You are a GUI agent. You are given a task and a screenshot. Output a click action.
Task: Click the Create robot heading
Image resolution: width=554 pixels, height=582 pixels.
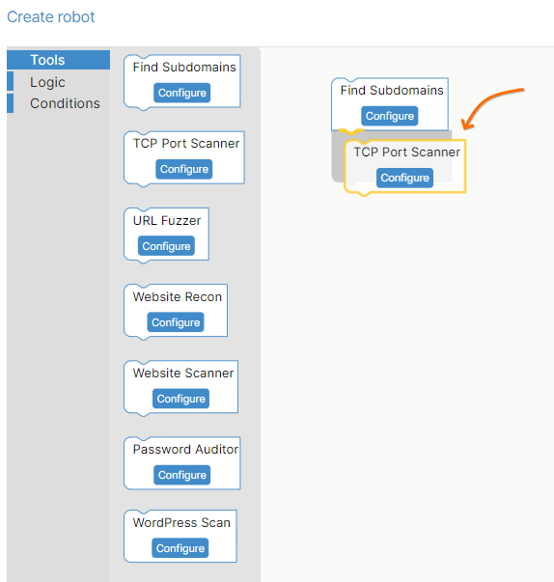tap(51, 17)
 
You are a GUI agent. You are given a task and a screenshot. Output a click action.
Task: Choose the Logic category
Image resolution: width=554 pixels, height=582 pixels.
tap(47, 82)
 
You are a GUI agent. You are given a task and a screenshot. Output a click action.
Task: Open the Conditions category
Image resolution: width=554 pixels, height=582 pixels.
tap(65, 103)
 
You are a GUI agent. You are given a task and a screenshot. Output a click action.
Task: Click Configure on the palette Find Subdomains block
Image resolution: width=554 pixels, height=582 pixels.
tap(182, 93)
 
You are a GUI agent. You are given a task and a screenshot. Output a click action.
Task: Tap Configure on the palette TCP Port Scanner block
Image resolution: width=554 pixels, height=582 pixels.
tap(184, 169)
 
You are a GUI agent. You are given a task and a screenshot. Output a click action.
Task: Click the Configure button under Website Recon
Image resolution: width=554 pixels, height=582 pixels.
tap(176, 322)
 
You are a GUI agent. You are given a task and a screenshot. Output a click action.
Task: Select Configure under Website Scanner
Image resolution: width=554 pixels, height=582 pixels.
tap(180, 399)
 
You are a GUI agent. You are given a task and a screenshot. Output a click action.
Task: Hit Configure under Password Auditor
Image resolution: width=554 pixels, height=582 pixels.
tap(182, 475)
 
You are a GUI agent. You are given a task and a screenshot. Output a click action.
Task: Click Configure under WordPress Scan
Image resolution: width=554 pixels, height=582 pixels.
tap(180, 548)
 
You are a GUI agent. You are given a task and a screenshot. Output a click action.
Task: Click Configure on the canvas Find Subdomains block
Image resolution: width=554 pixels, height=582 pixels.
tap(390, 116)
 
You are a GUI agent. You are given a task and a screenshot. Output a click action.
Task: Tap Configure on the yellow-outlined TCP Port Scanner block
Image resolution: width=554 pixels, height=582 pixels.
tap(404, 178)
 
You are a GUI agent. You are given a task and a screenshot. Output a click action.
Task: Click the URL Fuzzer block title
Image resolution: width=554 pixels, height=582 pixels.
tap(167, 221)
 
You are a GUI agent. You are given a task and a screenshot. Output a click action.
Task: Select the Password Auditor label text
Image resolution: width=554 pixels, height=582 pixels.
tap(185, 450)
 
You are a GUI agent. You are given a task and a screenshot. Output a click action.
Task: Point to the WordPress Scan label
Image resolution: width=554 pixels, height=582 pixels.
tap(181, 522)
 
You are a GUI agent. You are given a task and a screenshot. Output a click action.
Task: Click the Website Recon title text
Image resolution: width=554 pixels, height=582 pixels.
tap(178, 297)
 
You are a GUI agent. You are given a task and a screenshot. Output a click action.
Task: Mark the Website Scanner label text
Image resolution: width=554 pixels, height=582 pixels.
tap(183, 373)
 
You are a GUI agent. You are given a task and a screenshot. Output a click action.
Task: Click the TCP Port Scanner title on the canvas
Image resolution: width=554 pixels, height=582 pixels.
tap(406, 152)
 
